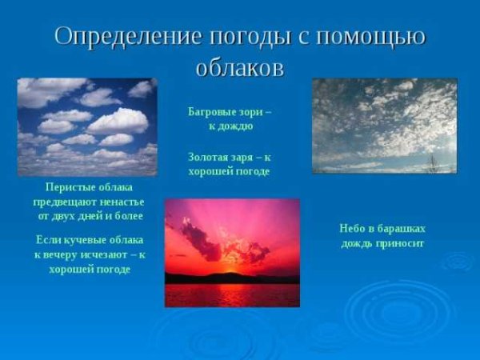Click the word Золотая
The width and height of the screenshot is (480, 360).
tap(210, 157)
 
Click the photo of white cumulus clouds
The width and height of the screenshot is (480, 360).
tap(87, 126)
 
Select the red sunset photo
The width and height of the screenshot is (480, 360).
tap(232, 253)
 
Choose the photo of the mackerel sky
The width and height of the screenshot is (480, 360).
tap(384, 126)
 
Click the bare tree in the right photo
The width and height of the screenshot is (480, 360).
tap(433, 164)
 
